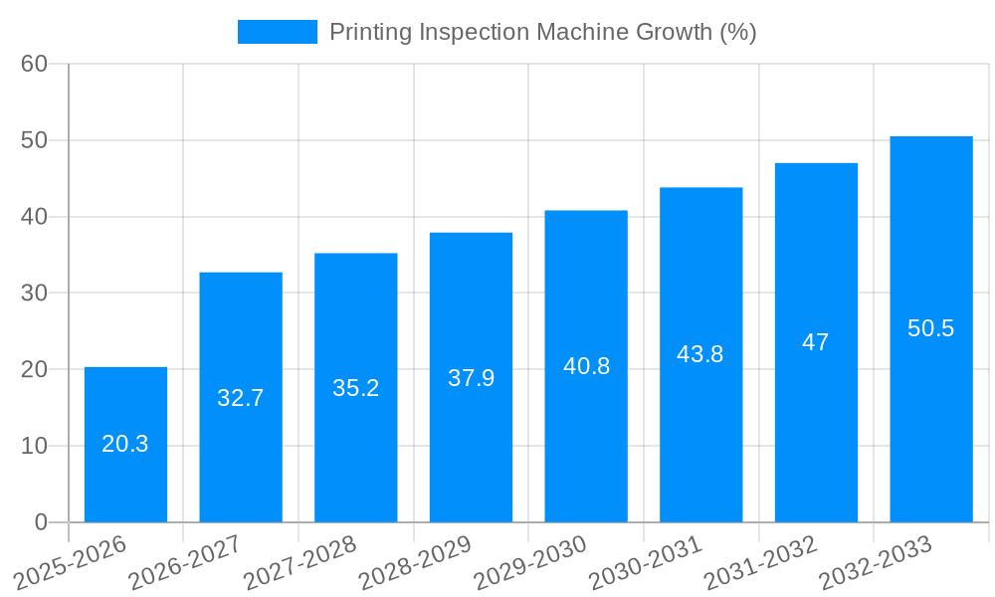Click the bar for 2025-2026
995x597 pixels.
125,445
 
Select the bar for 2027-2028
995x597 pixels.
355,388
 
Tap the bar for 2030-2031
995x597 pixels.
700,354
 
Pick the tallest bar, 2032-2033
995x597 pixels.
930,328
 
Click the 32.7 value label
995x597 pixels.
241,398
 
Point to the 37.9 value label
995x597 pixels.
471,378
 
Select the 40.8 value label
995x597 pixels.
586,366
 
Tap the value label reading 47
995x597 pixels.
816,342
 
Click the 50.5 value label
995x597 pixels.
930,328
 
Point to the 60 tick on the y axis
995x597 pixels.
35,64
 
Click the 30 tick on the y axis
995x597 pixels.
35,293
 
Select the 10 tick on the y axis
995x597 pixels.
35,446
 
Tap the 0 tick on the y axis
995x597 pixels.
41,521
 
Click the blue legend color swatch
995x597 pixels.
277,32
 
